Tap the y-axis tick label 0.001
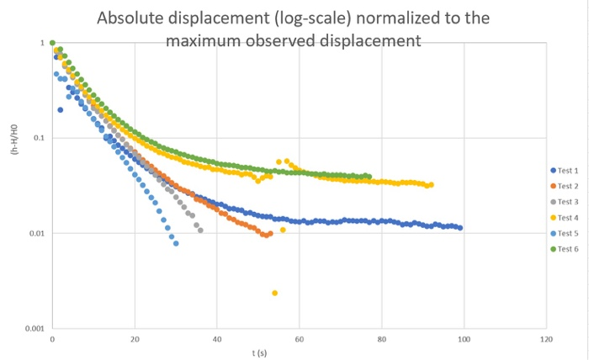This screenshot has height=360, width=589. click(34, 328)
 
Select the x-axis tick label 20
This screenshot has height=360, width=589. click(135, 340)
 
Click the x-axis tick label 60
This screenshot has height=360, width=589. click(300, 340)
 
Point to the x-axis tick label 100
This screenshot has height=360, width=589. click(464, 340)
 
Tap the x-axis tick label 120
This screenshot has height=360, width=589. click(546, 340)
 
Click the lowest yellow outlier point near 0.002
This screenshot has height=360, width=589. click(275, 293)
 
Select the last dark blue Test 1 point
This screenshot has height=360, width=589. click(460, 228)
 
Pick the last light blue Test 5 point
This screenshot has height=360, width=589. click(176, 243)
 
